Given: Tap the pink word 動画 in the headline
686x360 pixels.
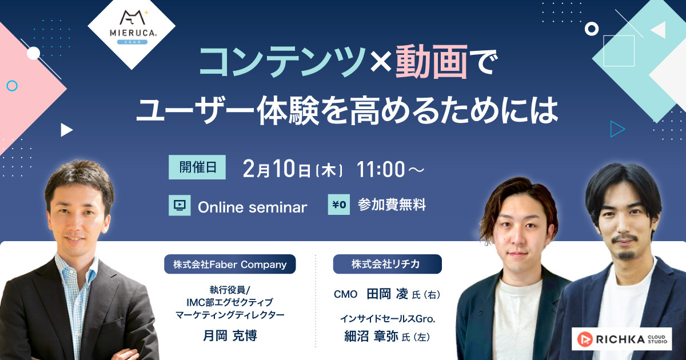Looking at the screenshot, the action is pyautogui.click(x=432, y=62).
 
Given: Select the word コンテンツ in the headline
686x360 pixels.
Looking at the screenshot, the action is pyautogui.click(x=282, y=62).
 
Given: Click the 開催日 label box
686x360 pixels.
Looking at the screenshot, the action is pyautogui.click(x=197, y=167).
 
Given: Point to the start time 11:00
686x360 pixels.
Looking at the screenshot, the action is pyautogui.click(x=380, y=169).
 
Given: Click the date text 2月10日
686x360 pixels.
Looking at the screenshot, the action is pyautogui.click(x=277, y=169).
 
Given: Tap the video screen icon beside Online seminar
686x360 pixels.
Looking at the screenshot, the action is pyautogui.click(x=180, y=205).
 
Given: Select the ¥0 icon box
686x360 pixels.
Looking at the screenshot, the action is pyautogui.click(x=338, y=205).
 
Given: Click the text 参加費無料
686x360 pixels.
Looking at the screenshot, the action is pyautogui.click(x=392, y=205).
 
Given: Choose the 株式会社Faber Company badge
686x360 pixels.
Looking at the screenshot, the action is pyautogui.click(x=230, y=264).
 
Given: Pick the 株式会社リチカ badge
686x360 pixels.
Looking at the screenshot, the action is pyautogui.click(x=388, y=264).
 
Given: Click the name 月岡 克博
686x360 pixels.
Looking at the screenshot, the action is pyautogui.click(x=230, y=336).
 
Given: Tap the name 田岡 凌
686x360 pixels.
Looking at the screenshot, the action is pyautogui.click(x=388, y=294).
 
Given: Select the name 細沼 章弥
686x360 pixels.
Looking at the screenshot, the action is pyautogui.click(x=371, y=337).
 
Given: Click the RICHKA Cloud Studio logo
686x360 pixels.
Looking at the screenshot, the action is pyautogui.click(x=622, y=339).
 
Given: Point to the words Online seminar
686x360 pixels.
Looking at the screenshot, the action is pyautogui.click(x=252, y=207).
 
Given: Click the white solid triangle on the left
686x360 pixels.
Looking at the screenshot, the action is pyautogui.click(x=66, y=130).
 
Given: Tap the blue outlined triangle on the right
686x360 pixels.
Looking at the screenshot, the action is pyautogui.click(x=617, y=129).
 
